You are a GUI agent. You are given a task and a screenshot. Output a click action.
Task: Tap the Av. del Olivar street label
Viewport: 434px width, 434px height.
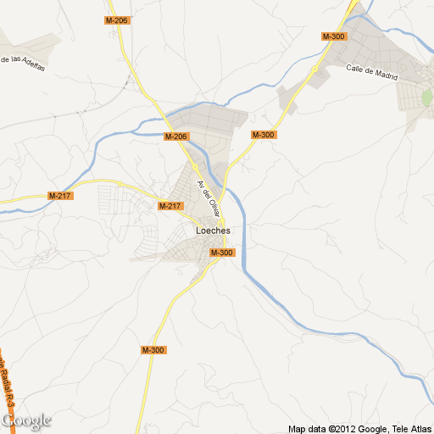(x=207, y=196)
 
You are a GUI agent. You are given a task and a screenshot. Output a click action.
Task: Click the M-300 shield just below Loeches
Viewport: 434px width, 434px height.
(x=222, y=253)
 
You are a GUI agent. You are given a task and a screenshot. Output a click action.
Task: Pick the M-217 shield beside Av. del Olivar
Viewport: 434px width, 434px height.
(x=170, y=206)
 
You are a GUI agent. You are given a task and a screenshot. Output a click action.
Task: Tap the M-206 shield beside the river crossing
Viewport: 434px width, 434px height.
(x=175, y=136)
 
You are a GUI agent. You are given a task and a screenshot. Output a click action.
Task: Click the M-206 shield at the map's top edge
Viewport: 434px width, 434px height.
(x=117, y=19)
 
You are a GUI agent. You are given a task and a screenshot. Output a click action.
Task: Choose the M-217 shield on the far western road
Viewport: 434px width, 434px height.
(x=61, y=196)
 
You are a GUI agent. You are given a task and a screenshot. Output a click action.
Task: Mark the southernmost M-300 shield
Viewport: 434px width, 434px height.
(x=153, y=350)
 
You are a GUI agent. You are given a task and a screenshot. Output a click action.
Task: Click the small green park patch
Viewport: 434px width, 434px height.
(x=426, y=97)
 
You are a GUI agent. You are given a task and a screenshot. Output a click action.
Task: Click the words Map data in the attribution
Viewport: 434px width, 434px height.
(x=308, y=428)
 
